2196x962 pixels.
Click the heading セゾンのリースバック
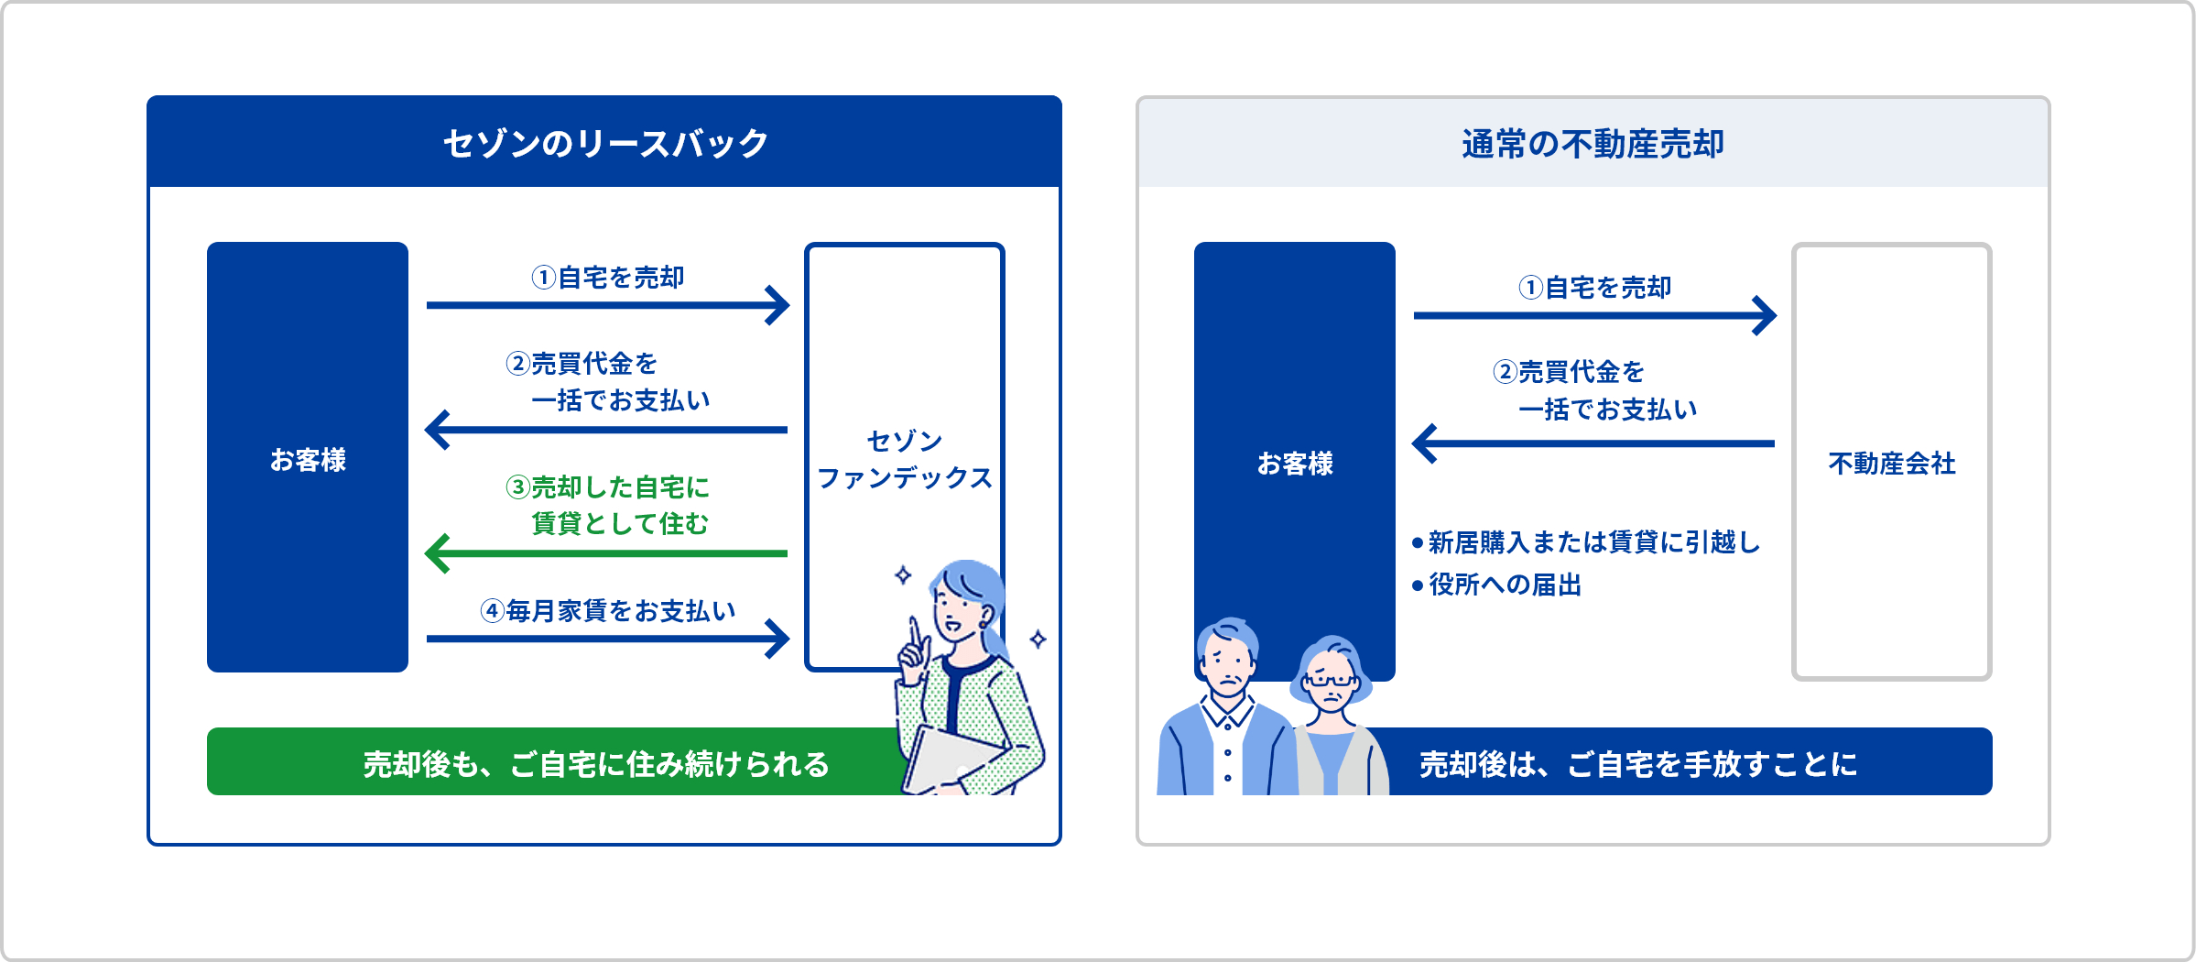pos(604,144)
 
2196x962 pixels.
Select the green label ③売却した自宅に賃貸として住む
pos(608,505)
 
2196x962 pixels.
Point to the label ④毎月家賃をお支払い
pos(608,610)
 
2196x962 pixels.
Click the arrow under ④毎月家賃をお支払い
pos(606,639)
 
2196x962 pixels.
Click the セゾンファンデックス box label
pos(904,460)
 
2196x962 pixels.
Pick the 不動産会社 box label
pos(1891,464)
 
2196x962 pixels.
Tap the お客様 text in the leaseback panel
pos(308,460)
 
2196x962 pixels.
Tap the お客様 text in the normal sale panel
pos(1295,464)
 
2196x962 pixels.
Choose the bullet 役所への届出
pos(1504,585)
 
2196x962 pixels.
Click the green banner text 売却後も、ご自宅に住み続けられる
pos(596,763)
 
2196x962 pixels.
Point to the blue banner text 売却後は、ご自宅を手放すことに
pos(1637,763)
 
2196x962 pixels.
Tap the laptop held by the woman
pos(948,760)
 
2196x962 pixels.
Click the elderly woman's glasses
pos(1330,681)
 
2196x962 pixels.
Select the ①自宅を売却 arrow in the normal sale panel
pos(1593,315)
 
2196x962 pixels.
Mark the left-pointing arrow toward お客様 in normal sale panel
pos(1593,443)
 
